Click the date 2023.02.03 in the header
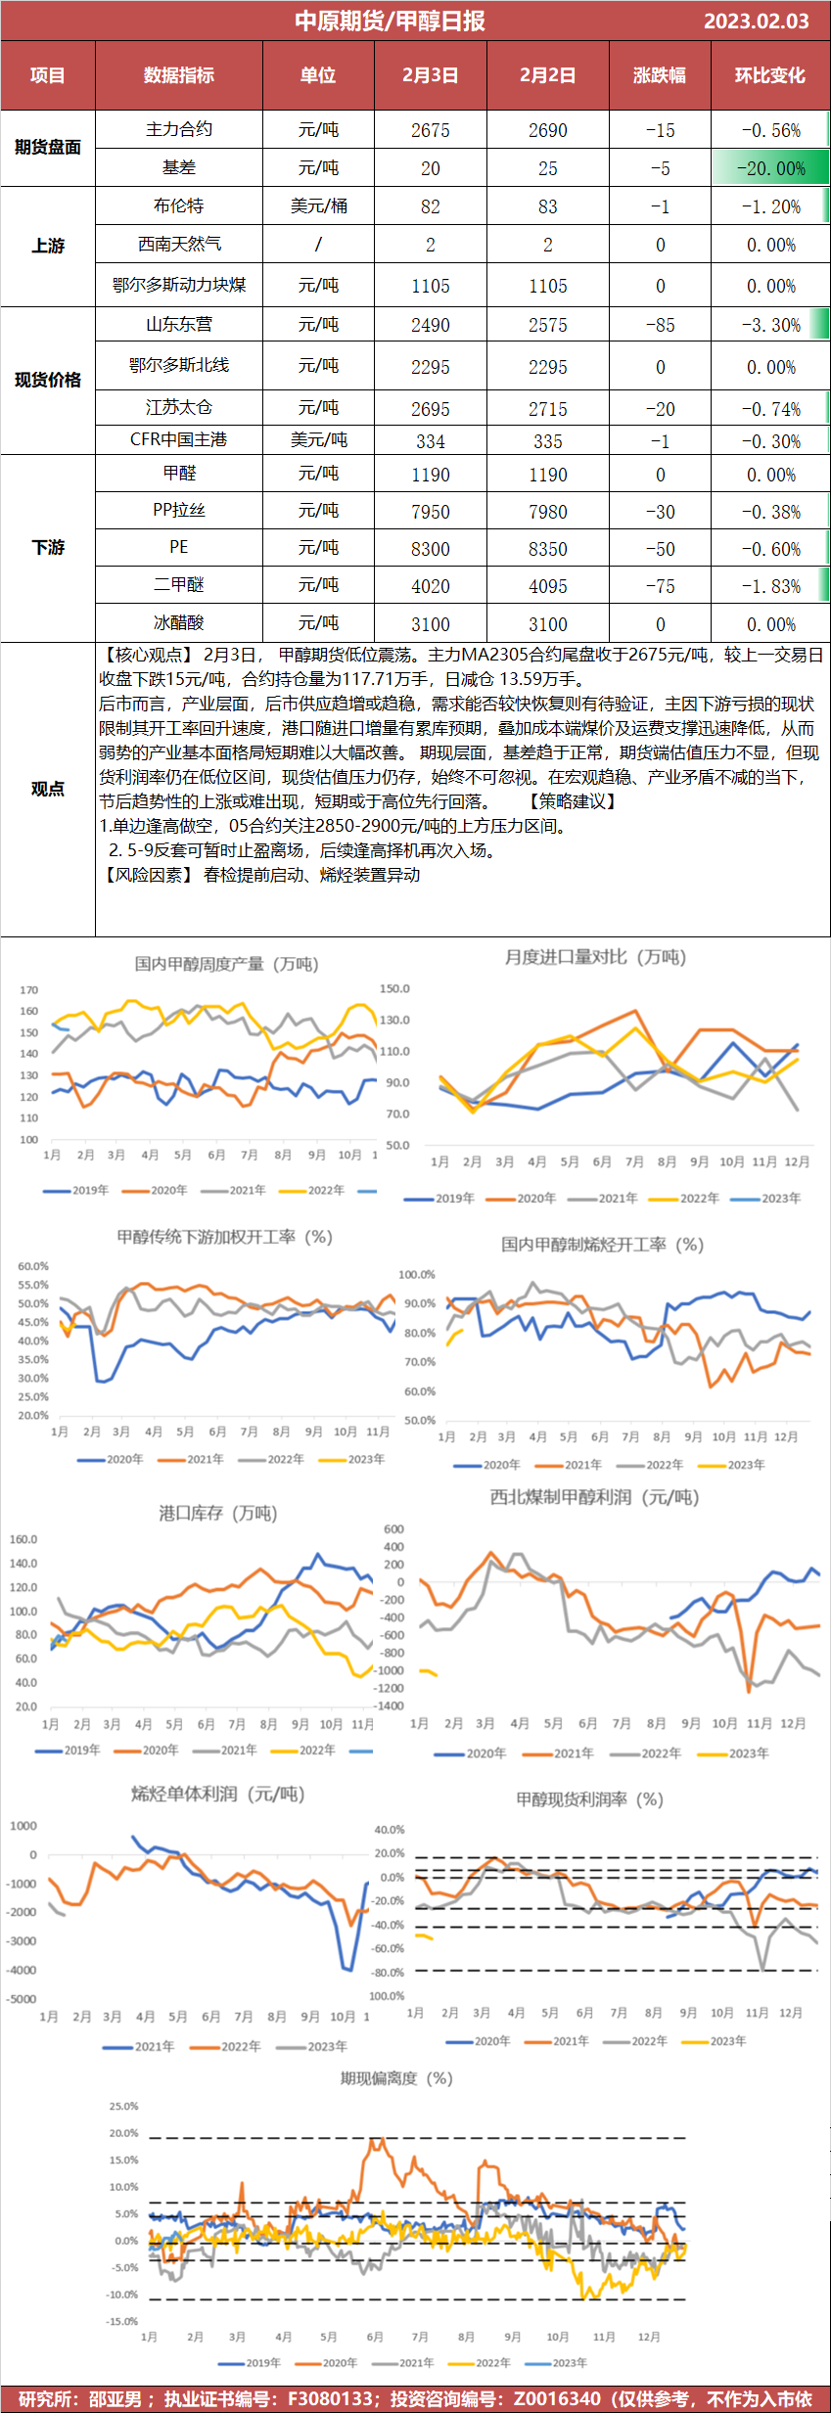coord(756,21)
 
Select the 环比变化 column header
coord(769,75)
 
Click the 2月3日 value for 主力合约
coord(430,130)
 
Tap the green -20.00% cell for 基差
coord(769,168)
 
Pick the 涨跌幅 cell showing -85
coord(660,325)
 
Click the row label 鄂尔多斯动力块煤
coord(179,285)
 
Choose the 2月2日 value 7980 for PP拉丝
coord(547,512)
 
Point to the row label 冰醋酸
coord(179,622)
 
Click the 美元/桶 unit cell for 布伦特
coord(318,206)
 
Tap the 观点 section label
coord(47,789)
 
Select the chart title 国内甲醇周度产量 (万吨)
coord(226,964)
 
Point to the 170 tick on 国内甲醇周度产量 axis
coord(28,990)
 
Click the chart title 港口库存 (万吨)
coord(217,1513)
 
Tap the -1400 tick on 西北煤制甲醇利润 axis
coord(390,1706)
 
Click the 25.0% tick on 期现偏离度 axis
coord(123,2106)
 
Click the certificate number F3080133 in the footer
coord(330,2399)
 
